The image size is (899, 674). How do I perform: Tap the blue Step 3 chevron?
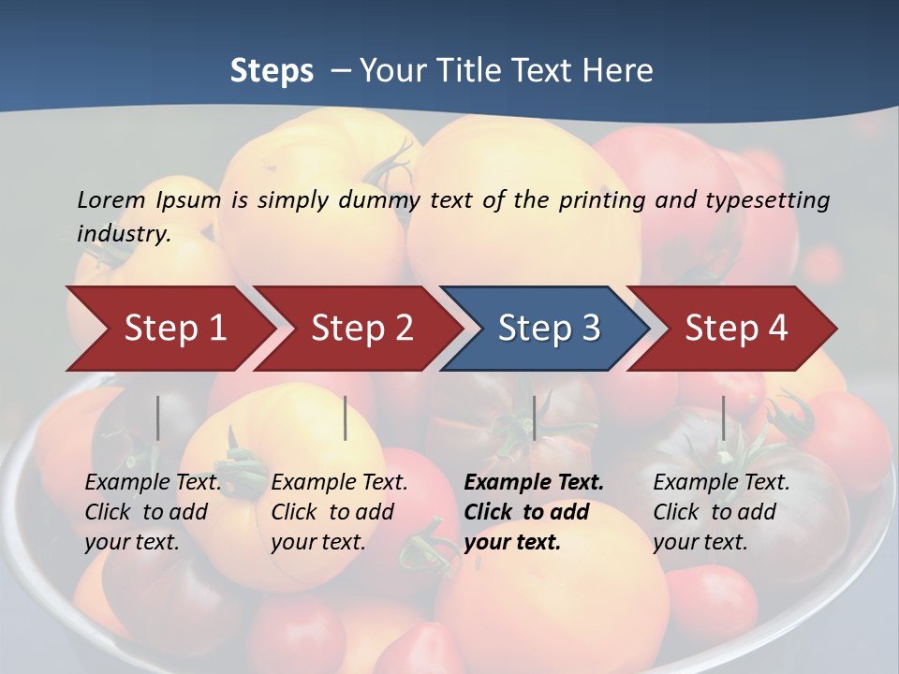click(549, 328)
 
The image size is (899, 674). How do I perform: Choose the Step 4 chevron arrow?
click(736, 328)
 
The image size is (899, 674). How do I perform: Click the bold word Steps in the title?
click(272, 71)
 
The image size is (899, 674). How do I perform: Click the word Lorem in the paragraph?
click(111, 199)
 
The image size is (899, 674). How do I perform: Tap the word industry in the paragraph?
click(123, 233)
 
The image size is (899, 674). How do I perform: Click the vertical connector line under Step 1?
click(157, 418)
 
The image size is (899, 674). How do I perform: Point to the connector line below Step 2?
click(346, 418)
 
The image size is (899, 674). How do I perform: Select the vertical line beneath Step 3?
click(534, 418)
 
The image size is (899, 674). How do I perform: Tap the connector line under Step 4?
click(723, 418)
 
